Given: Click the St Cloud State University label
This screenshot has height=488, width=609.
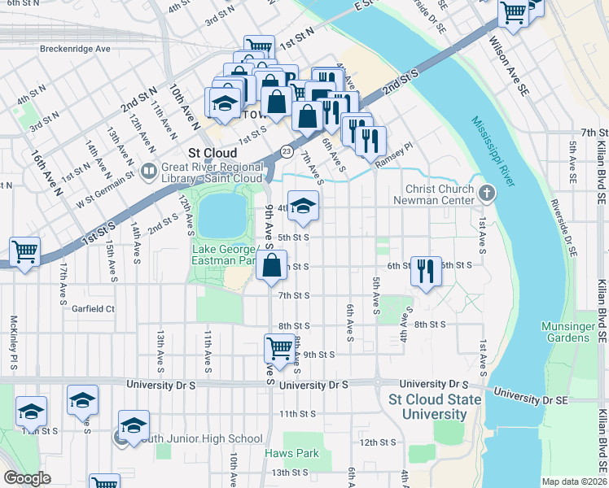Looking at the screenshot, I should point(428,407).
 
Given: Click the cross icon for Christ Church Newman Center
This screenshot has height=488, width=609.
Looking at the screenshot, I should point(487,193).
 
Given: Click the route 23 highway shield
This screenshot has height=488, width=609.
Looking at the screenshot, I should point(286,151).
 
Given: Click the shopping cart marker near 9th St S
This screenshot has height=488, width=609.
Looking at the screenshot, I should point(279,347).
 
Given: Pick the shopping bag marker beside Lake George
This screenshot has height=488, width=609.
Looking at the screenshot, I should point(271,264).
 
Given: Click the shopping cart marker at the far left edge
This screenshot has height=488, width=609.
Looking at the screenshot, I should point(24,251).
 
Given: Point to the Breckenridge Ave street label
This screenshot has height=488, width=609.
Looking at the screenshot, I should point(75,49).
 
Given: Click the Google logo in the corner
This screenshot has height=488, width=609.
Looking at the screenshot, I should point(27,478).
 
